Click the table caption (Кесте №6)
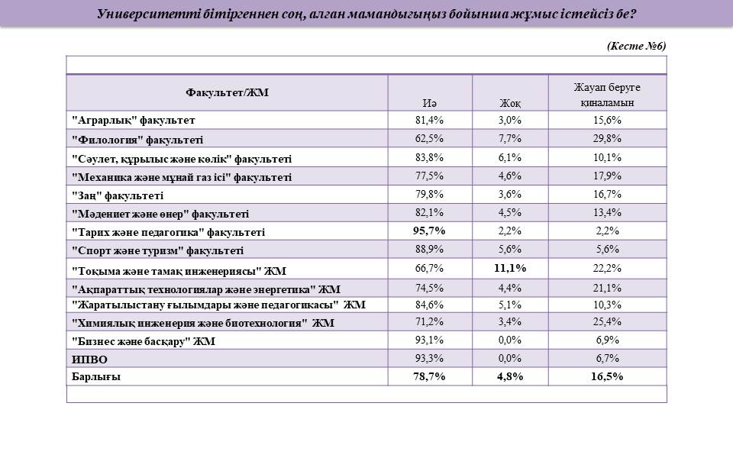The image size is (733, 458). (x=636, y=46)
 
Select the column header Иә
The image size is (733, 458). (x=429, y=103)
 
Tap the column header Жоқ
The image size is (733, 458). (x=510, y=103)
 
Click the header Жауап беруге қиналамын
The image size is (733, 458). (x=607, y=95)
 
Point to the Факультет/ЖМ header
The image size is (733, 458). (x=228, y=92)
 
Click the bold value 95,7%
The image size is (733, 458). (x=429, y=231)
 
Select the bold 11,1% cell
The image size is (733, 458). (x=510, y=268)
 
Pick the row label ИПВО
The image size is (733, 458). (x=89, y=360)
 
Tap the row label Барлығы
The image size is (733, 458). (x=96, y=376)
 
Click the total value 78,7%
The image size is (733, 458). (x=429, y=376)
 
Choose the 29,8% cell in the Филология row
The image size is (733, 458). (x=607, y=138)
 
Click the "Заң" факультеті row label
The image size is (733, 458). (x=118, y=195)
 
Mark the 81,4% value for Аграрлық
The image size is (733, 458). (x=429, y=120)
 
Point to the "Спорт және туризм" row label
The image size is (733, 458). (x=157, y=250)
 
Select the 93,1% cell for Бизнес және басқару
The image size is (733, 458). (x=429, y=340)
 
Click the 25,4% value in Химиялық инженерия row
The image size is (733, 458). (x=607, y=321)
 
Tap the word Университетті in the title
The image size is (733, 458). (x=149, y=14)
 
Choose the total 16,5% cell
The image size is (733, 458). (x=607, y=376)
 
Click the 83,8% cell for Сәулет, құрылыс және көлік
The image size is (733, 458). (x=429, y=157)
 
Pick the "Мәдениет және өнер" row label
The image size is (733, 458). (x=160, y=214)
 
